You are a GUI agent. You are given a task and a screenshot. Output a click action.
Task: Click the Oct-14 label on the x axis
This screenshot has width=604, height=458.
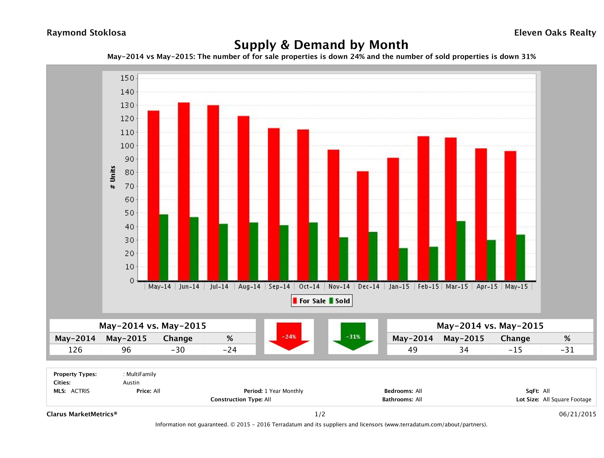[309, 287]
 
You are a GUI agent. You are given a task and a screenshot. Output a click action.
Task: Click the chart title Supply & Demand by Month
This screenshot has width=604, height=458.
[321, 45]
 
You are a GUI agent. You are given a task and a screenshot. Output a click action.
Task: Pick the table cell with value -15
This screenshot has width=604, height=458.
[515, 350]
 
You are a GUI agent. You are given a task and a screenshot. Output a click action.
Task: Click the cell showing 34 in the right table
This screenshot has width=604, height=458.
[464, 350]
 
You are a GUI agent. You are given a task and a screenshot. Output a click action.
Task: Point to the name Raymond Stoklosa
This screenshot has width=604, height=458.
[86, 33]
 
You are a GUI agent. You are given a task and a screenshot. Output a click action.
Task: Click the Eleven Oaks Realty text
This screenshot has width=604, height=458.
[555, 33]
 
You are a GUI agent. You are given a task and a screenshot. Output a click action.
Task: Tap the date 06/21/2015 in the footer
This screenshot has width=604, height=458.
[577, 414]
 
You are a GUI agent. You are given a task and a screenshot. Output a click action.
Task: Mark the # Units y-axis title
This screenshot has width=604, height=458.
[112, 177]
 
